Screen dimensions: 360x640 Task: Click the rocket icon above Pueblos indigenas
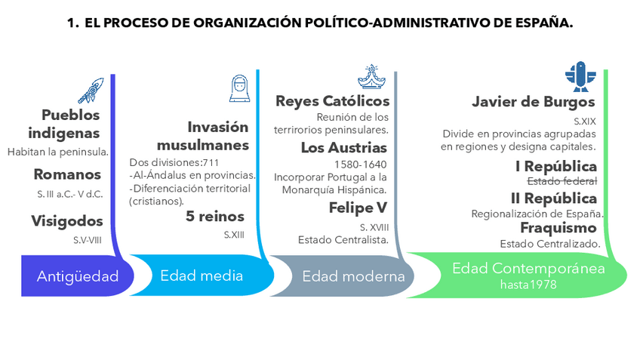point(90,91)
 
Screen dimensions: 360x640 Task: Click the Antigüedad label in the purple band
point(78,276)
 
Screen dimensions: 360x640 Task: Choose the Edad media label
point(202,275)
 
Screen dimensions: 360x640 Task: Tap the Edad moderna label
point(353,276)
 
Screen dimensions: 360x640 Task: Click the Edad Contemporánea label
point(528,269)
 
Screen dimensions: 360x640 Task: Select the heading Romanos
point(67,175)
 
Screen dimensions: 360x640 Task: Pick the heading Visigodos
point(66,221)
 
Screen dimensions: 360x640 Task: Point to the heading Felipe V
point(358,208)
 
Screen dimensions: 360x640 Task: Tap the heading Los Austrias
point(344,148)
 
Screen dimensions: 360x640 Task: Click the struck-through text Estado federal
point(562,181)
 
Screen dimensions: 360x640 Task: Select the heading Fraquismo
point(558,228)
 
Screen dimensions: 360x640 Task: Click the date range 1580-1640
point(360,164)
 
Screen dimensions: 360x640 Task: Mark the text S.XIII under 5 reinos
point(234,235)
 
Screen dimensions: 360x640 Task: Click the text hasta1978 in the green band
point(528,285)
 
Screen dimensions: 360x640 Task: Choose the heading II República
point(554,198)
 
